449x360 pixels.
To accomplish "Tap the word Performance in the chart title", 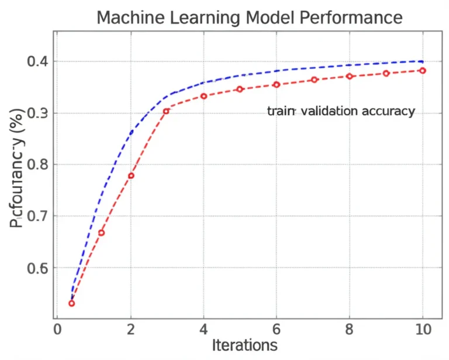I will [x=351, y=18].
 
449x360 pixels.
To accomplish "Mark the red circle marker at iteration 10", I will [x=422, y=71].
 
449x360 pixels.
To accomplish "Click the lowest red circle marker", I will [x=71, y=303].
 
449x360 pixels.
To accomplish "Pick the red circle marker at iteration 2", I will [x=131, y=175].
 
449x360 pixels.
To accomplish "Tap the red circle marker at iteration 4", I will [x=203, y=96].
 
